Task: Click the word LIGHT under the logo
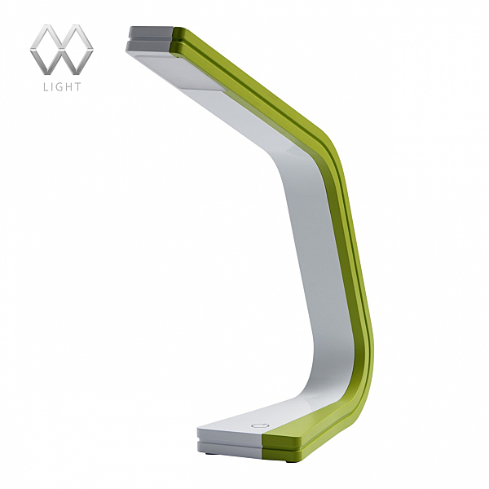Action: pyautogui.click(x=63, y=86)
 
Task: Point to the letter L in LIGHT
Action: pyautogui.click(x=46, y=86)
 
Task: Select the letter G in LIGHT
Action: pyautogui.click(x=59, y=86)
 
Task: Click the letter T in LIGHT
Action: pyautogui.click(x=78, y=86)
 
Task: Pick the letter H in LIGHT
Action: pyautogui.click(x=69, y=86)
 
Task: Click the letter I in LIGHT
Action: pyautogui.click(x=52, y=86)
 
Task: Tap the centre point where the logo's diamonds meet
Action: pyautogui.click(x=62, y=49)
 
